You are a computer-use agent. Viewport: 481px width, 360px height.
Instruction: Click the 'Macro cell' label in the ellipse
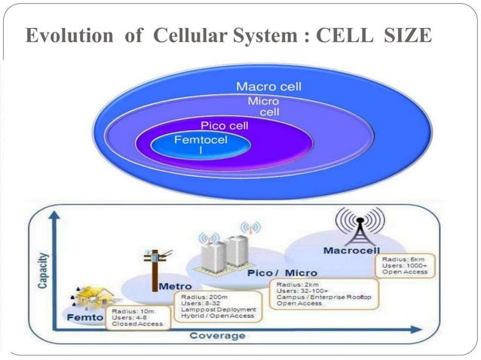268,87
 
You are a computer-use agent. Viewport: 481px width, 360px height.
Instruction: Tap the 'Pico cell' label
225,125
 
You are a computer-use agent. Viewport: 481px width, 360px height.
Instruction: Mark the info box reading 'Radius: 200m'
219,307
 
